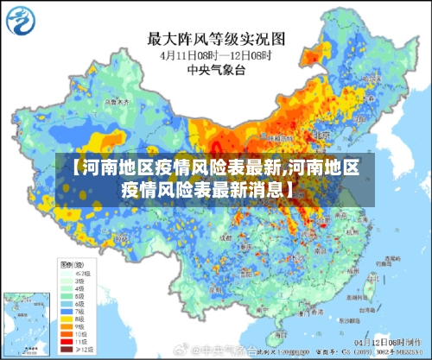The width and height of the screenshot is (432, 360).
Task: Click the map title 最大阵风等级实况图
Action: [217, 38]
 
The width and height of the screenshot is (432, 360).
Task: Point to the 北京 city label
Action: [298, 136]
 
